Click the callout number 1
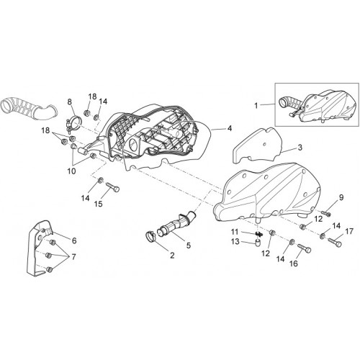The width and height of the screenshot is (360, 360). coord(256,106)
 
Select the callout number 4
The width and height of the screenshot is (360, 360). coord(230,129)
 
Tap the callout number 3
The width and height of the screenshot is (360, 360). coord(300,148)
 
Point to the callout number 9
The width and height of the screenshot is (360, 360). coord(341,198)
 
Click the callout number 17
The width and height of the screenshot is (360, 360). coord(349,231)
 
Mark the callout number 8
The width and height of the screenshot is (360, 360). coord(69,102)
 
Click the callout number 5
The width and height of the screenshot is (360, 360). coord(189,246)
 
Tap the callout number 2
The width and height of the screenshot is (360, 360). coord(172,256)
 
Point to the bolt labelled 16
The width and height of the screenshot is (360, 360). coord(305,248)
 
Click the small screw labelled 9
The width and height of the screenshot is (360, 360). coord(325,212)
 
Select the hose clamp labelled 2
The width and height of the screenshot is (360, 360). coord(150,235)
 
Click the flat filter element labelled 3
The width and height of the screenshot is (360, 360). coord(257,145)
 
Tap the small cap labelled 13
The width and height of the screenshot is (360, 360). coord(258,243)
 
